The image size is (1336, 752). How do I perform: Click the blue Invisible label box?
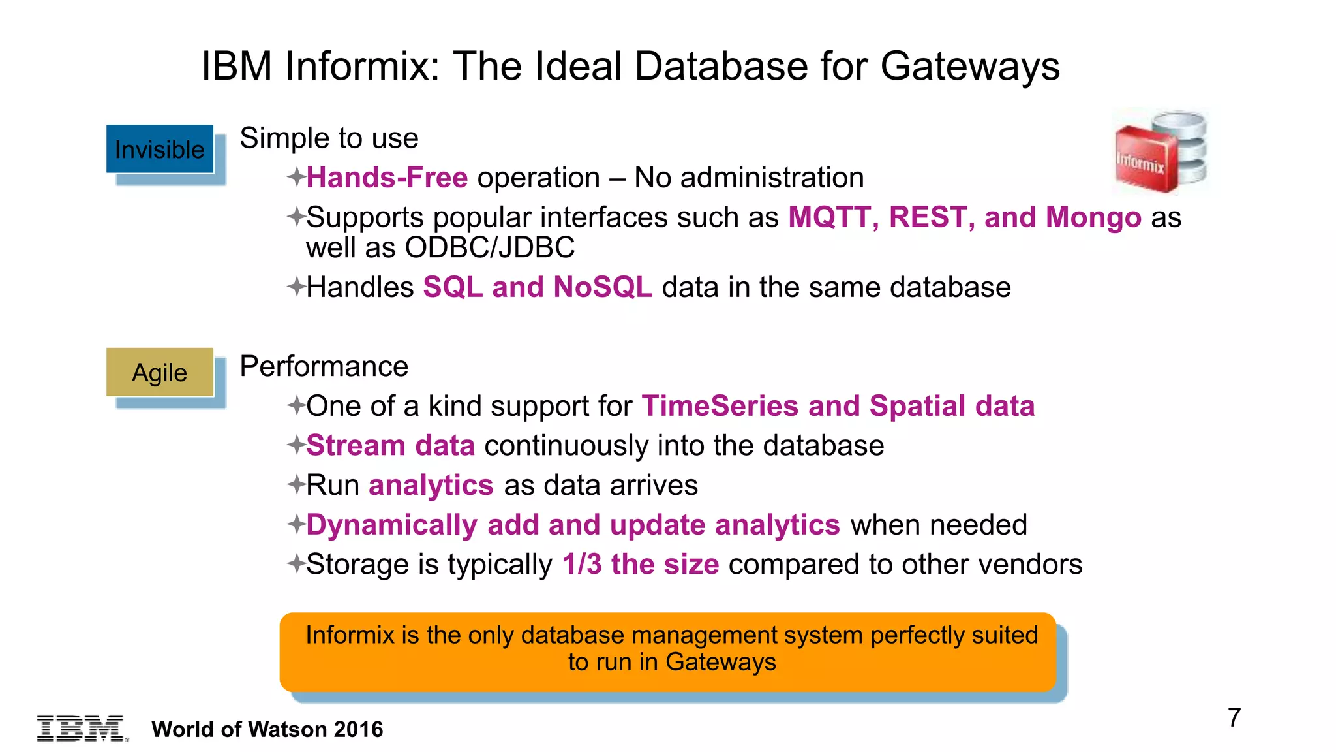[x=160, y=149]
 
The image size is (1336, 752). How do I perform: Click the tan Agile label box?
[x=160, y=372]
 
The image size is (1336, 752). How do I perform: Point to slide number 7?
[x=1234, y=717]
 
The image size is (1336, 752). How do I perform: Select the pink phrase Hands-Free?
[x=387, y=178]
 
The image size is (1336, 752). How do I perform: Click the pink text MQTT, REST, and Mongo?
[x=964, y=217]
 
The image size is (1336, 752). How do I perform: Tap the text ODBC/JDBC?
[x=489, y=248]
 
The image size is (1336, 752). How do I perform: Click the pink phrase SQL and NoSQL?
[x=538, y=287]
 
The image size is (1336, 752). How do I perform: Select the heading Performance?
[x=324, y=366]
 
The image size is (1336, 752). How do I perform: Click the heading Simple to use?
[x=329, y=138]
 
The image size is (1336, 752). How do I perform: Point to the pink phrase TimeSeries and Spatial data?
[x=838, y=406]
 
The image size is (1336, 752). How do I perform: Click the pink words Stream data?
[x=390, y=446]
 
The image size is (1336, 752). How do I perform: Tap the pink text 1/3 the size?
[x=641, y=565]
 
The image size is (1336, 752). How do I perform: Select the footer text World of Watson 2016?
[x=267, y=729]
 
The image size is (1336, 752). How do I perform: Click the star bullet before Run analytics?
[x=296, y=485]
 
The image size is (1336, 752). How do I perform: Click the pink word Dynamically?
[x=391, y=525]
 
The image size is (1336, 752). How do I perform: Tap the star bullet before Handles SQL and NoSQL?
[x=296, y=287]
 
